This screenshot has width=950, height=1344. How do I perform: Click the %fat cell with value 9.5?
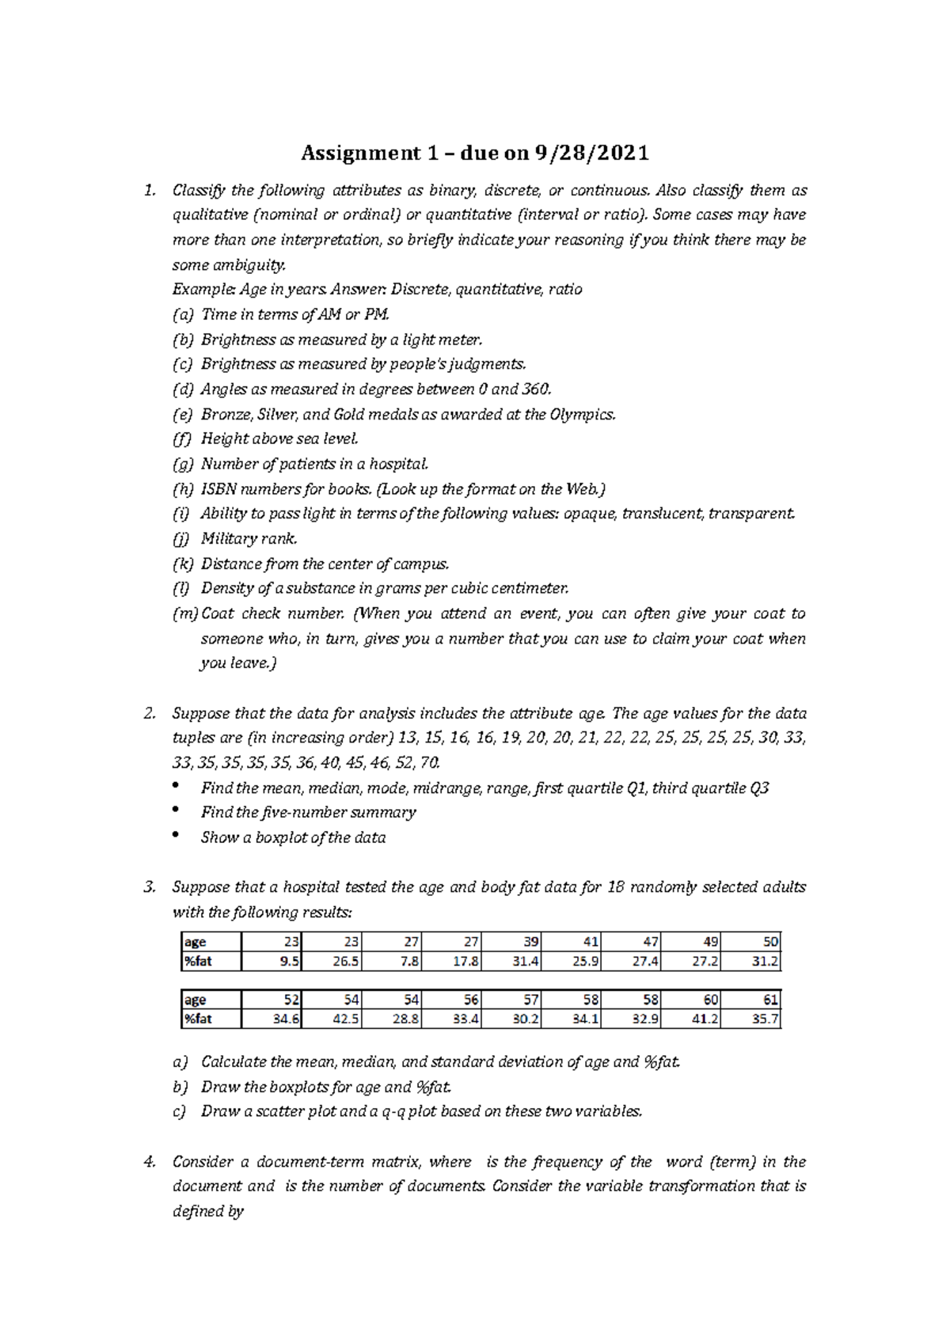[x=272, y=962]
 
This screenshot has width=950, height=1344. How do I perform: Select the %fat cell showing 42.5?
[x=332, y=1019]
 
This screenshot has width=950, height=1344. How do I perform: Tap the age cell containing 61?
[x=752, y=1000]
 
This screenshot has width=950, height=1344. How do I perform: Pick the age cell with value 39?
[x=513, y=942]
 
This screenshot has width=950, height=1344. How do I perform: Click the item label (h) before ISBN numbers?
[x=182, y=489]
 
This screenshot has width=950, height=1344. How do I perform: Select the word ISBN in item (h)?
[x=218, y=489]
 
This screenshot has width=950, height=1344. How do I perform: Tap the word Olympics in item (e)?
[x=581, y=414]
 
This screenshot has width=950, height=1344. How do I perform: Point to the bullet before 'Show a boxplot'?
[x=175, y=836]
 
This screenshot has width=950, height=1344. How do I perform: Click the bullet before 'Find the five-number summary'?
[x=175, y=811]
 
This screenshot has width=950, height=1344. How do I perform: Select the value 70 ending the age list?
[x=428, y=763]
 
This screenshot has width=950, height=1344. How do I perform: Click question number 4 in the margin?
[x=149, y=1162]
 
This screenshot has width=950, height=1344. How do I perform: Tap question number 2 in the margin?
[x=149, y=713]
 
